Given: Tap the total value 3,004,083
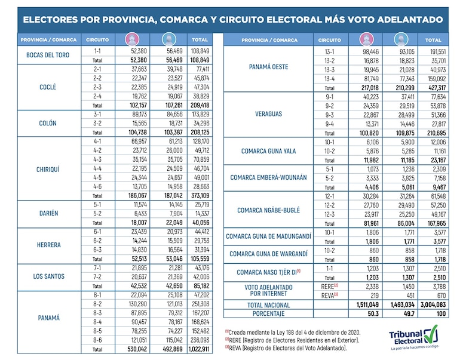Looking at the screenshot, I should point(433,304).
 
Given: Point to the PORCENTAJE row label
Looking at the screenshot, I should point(268,313).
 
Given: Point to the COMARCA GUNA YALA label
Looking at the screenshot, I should point(268,151).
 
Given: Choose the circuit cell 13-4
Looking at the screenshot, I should point(329,78).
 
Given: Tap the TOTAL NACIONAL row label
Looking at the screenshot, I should point(268,304).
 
